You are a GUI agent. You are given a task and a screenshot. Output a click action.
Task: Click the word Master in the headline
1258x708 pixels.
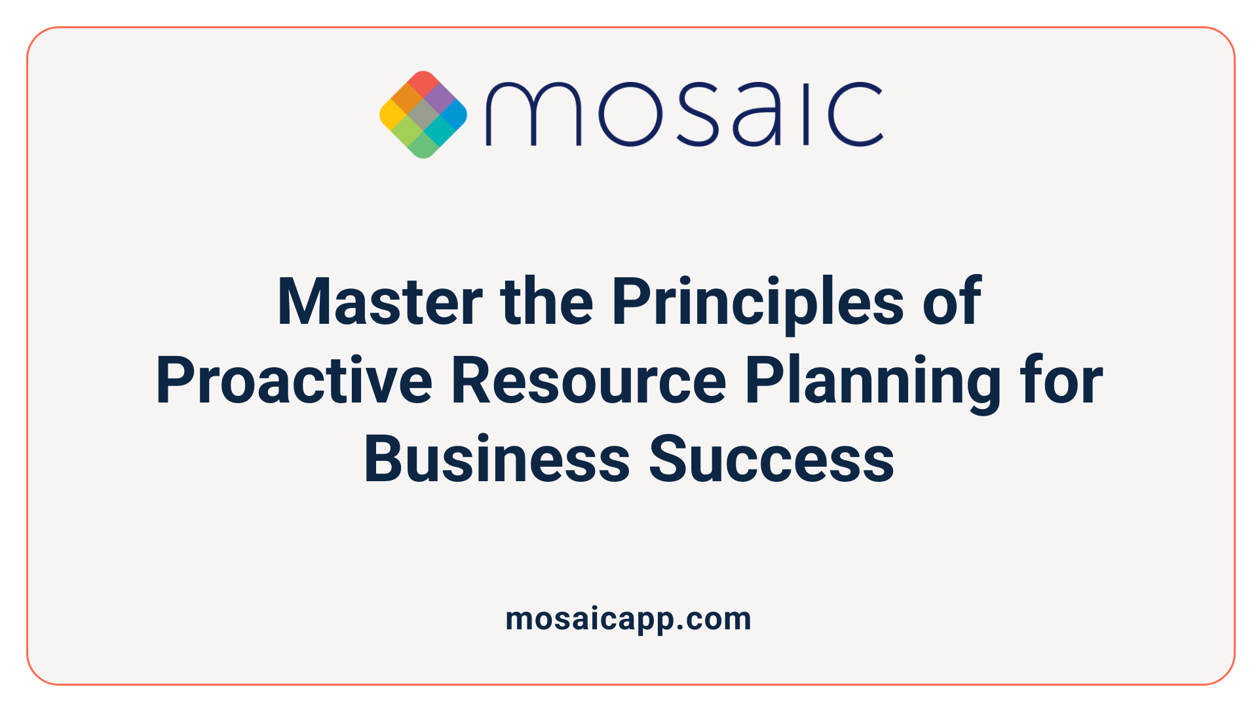click(380, 302)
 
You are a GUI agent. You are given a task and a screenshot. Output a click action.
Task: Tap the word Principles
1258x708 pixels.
click(757, 302)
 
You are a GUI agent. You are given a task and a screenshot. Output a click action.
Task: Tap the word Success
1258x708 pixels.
click(771, 460)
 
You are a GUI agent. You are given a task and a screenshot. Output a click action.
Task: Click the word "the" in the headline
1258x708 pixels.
click(546, 302)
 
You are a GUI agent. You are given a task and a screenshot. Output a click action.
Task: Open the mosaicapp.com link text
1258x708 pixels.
click(628, 619)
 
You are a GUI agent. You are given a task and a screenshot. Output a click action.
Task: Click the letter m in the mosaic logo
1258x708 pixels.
click(533, 114)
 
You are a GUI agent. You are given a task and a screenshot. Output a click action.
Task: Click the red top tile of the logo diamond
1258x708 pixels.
click(423, 83)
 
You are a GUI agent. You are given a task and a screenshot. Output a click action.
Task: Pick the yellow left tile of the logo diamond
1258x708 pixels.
click(392, 115)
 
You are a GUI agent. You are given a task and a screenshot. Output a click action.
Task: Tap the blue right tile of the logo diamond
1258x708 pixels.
click(454, 115)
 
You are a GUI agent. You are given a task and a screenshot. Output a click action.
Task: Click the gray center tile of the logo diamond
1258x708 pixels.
click(423, 115)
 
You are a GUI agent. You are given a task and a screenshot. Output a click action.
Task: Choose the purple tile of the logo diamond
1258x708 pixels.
click(440, 98)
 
